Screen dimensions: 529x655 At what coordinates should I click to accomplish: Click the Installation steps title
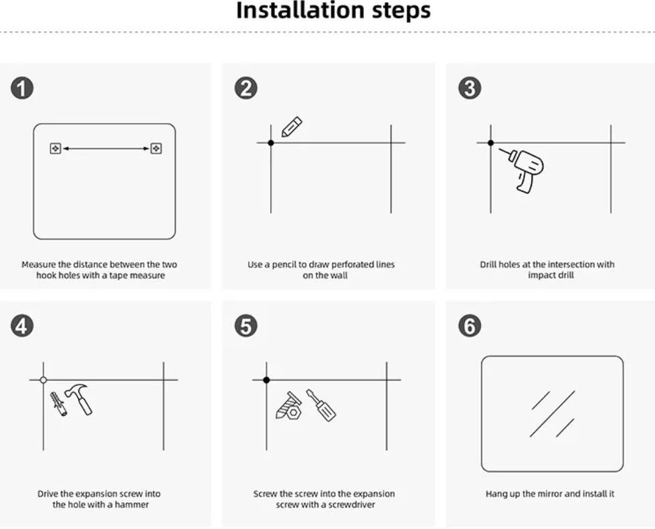pos(333,11)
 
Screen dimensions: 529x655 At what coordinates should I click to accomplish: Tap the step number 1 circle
pos(22,88)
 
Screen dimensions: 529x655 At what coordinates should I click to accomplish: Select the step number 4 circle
pos(22,326)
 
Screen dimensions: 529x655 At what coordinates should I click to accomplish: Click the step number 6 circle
pos(469,326)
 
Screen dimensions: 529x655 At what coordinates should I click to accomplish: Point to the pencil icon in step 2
pos(291,127)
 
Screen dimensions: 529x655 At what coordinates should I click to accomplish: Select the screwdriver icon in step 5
pos(321,405)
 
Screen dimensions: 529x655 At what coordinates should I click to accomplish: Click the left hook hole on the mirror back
pos(56,148)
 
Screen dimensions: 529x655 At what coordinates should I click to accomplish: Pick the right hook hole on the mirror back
pos(156,148)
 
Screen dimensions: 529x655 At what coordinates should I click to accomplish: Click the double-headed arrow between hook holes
pos(106,148)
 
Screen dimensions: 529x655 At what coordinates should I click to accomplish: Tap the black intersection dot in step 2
pos(270,142)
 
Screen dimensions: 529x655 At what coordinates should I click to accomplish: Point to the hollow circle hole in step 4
pos(43,380)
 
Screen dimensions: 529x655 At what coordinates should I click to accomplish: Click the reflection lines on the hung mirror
pos(553,413)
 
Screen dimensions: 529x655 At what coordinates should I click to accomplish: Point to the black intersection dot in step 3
pos(490,142)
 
